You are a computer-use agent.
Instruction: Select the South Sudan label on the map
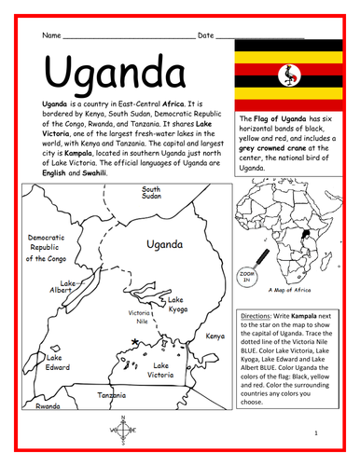coord(152,193)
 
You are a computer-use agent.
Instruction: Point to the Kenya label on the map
coord(215,336)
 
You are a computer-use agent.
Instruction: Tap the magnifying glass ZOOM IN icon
coord(247,277)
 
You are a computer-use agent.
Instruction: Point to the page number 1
coord(317,433)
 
